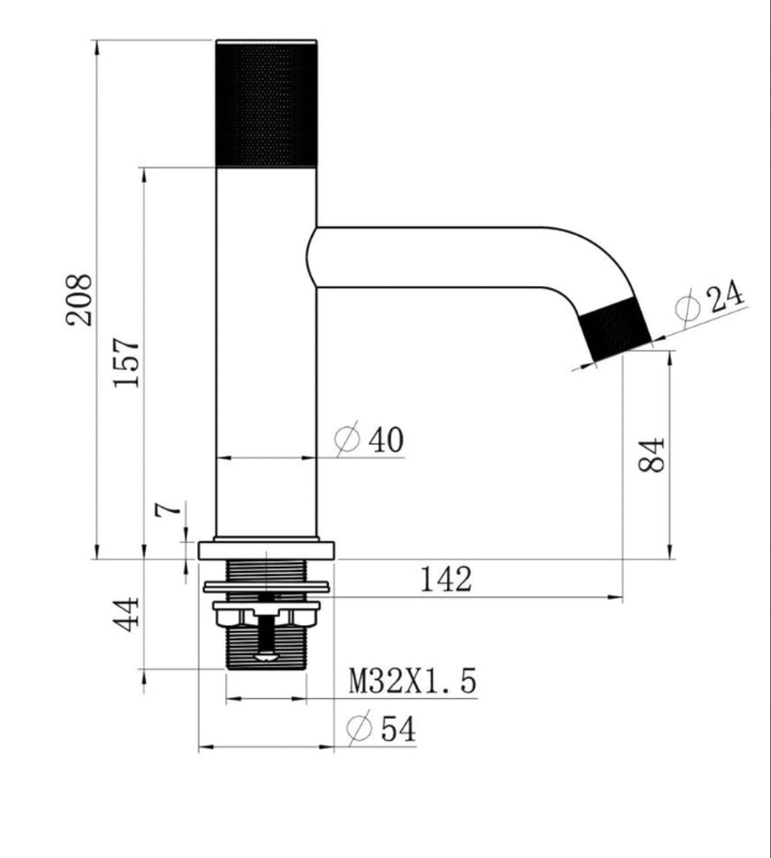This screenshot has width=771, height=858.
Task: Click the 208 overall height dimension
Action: [x=79, y=300]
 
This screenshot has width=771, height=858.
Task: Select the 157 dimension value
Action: [x=127, y=362]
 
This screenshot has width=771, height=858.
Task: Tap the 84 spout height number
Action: [x=650, y=455]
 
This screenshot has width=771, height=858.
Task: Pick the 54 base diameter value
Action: [x=398, y=729]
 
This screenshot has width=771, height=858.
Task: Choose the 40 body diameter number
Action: [x=386, y=440]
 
